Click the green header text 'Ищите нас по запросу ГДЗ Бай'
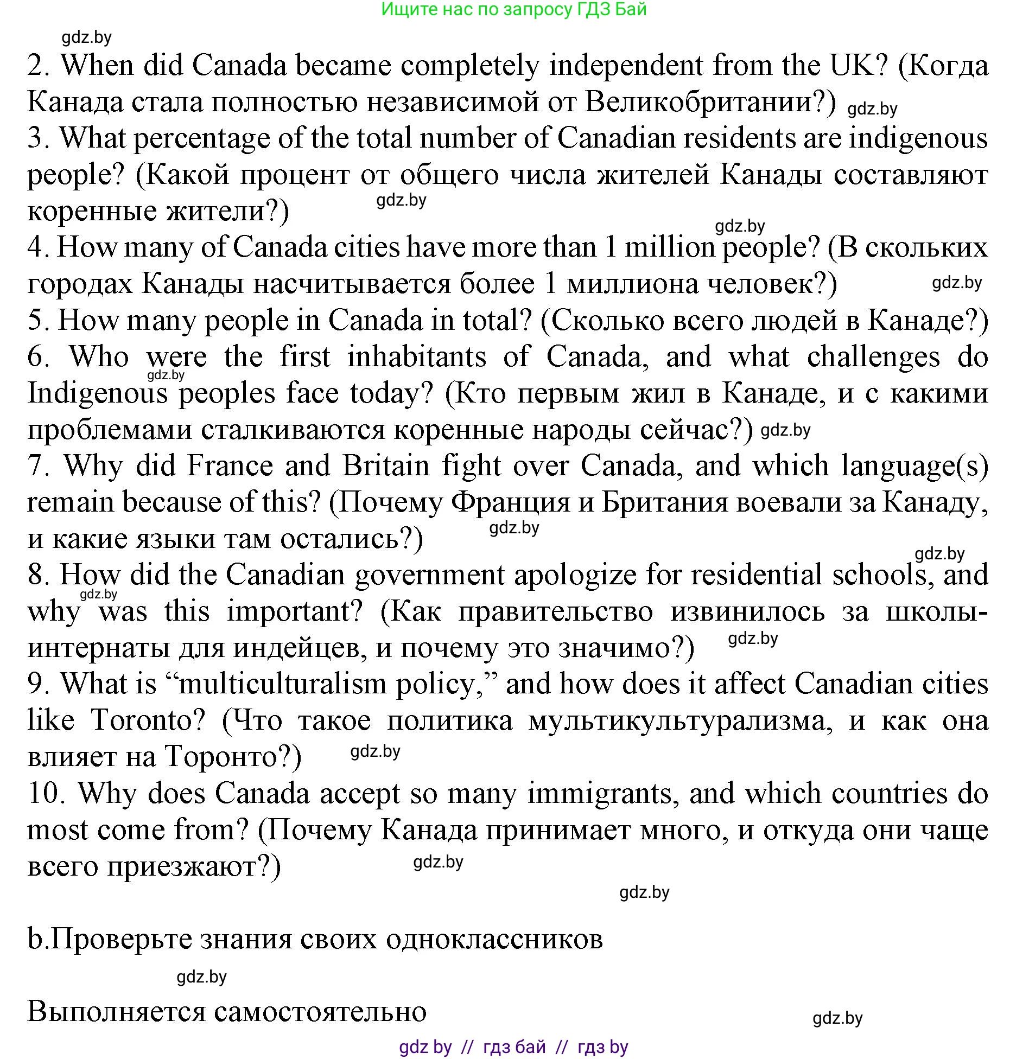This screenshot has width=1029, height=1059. (x=513, y=9)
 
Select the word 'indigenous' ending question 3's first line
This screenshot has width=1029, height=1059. (x=918, y=138)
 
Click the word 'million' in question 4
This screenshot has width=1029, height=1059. (x=670, y=247)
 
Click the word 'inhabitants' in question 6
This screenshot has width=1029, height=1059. (x=416, y=357)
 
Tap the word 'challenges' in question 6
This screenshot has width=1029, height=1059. (x=873, y=357)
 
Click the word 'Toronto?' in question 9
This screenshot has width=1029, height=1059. (x=148, y=720)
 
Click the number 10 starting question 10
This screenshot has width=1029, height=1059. (x=46, y=794)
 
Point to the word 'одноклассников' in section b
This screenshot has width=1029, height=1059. (x=494, y=940)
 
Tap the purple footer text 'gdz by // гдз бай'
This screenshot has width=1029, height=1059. (x=472, y=1047)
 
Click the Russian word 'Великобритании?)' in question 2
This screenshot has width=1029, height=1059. (x=711, y=102)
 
